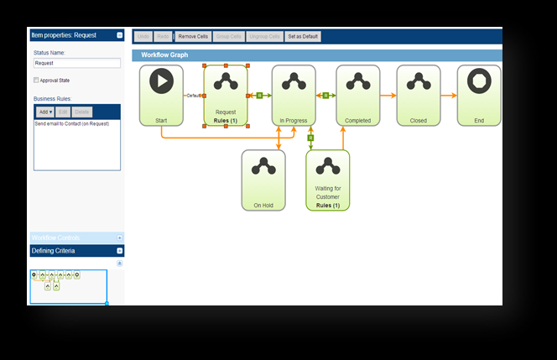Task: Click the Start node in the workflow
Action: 161,95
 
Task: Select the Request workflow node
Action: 226,95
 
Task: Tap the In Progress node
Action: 292,95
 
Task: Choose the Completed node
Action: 358,95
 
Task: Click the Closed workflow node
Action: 418,95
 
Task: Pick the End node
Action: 479,95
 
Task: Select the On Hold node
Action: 263,180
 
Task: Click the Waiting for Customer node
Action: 327,180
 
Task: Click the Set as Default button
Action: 303,37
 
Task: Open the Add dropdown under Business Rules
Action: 45,112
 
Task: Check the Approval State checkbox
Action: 36,81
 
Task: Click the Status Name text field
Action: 77,63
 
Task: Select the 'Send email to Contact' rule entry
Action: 71,123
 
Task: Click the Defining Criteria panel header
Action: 71,251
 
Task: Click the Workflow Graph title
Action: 164,55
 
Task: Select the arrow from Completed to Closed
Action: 388,95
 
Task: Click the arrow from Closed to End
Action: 449,95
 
